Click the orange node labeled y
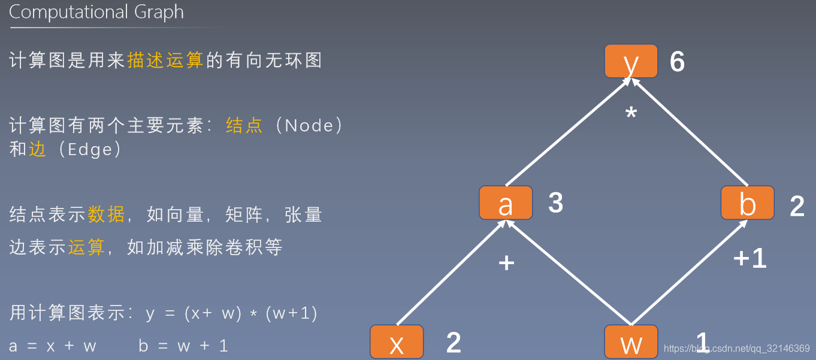coord(631,61)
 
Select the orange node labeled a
coord(506,202)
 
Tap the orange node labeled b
coord(747,202)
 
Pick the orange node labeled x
coord(397,342)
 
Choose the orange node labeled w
coord(631,342)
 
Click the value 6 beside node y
coord(677,62)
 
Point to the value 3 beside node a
coord(555,203)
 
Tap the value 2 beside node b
coord(797,206)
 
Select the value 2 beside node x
coord(454,343)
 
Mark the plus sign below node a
coord(507,262)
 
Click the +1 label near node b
coord(750,258)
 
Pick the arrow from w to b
coord(689,273)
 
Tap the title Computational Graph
coord(96,13)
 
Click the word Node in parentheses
coord(309,125)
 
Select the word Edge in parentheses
coord(90,150)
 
